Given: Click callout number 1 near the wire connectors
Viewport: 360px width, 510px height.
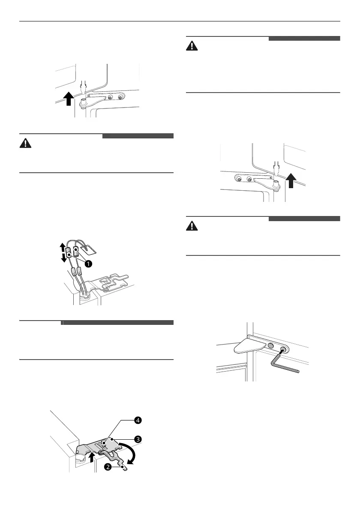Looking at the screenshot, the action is click(88, 264).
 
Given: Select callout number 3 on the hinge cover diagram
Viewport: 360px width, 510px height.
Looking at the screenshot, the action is click(138, 439).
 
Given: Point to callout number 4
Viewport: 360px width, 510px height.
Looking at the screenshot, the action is click(138, 420).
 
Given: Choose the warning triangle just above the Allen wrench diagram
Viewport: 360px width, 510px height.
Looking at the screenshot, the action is click(192, 226).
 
